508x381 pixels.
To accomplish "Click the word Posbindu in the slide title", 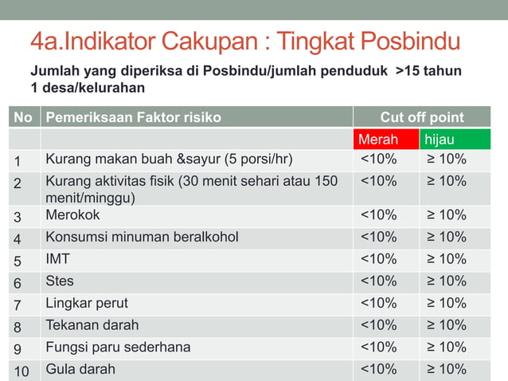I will tap(410, 41).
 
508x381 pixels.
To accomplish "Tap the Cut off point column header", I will tap(421, 117).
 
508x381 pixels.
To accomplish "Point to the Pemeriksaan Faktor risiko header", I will tap(133, 117).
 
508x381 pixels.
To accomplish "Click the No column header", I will tap(23, 117).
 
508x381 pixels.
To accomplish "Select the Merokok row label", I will tap(72, 215).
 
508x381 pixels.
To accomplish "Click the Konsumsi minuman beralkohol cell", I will tap(142, 237).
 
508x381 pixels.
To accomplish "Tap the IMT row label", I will tap(57, 259).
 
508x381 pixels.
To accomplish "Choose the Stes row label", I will tap(60, 281).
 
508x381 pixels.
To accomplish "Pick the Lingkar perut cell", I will tap(87, 303).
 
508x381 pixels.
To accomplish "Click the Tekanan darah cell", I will tap(92, 325).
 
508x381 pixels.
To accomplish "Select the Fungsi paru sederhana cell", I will tap(118, 348).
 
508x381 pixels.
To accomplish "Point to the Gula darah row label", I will tap(80, 369).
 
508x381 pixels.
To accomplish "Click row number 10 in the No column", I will tap(21, 370).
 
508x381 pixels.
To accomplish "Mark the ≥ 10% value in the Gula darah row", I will tap(446, 369).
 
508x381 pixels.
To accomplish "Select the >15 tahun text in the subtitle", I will tap(428, 71).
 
